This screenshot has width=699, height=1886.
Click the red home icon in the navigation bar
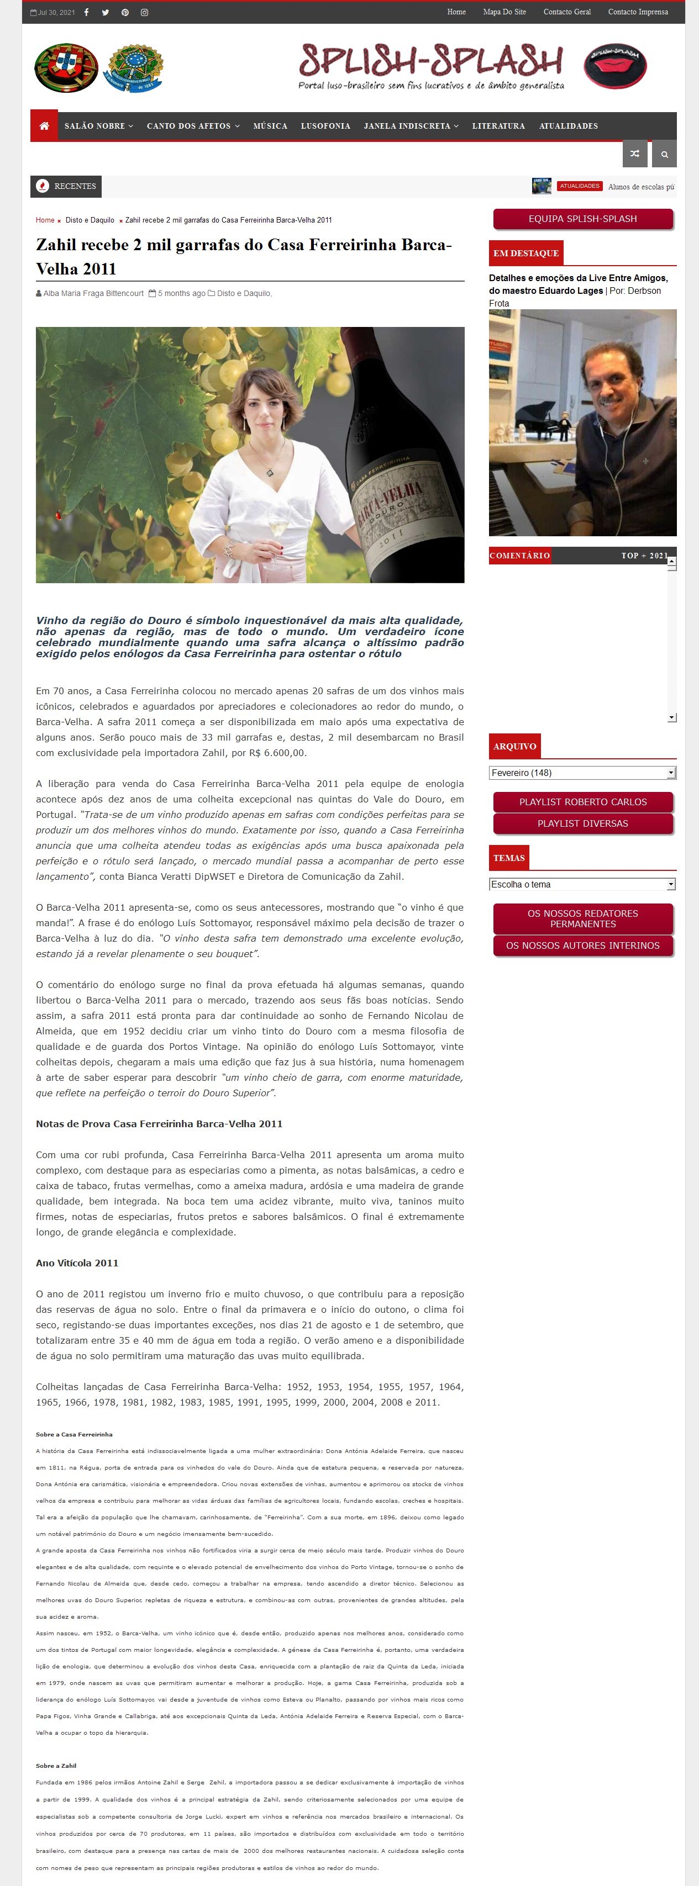click(x=44, y=126)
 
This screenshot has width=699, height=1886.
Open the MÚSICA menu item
click(x=270, y=126)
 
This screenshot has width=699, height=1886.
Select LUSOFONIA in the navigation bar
click(x=325, y=126)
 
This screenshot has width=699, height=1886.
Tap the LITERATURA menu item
click(x=498, y=126)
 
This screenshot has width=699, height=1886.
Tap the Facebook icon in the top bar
click(x=86, y=13)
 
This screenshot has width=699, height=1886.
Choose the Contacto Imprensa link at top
click(x=638, y=13)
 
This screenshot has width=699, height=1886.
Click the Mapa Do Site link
click(x=504, y=13)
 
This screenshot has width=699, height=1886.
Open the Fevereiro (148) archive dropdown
click(x=582, y=773)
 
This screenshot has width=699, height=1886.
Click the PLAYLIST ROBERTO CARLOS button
click(x=582, y=802)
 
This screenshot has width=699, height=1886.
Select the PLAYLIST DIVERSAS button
click(x=582, y=823)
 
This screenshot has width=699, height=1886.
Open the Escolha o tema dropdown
click(x=582, y=884)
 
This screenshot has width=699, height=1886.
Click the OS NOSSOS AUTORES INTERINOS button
click(x=582, y=946)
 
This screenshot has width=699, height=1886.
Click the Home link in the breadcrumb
click(x=45, y=220)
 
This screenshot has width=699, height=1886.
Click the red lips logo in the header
click(x=615, y=66)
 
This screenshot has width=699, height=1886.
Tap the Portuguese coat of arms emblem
click(x=66, y=67)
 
